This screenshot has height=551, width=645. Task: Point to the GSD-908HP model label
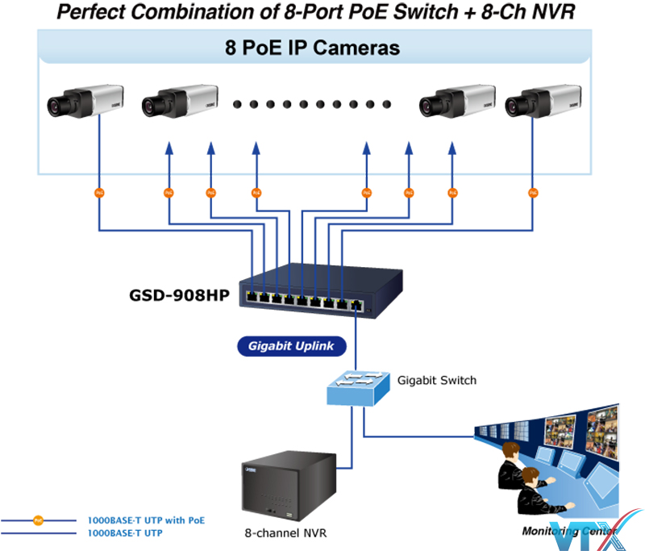coord(179,294)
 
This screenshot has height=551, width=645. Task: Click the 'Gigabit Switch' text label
coord(436,380)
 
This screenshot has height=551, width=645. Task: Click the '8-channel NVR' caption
coord(286,533)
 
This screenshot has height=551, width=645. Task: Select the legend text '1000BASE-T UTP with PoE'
coord(146,520)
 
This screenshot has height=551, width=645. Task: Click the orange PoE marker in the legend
coord(38,520)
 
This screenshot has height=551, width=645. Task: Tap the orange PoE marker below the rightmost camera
coord(533,193)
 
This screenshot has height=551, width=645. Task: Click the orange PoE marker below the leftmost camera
coord(99,193)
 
